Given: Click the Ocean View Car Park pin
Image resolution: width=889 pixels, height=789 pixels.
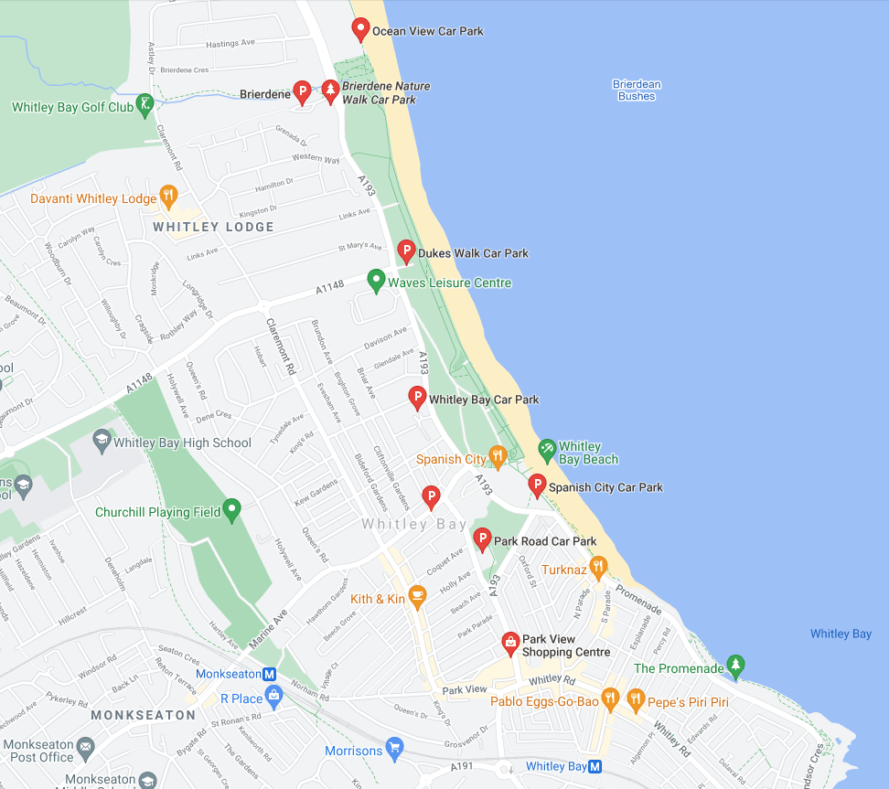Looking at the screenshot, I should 360,28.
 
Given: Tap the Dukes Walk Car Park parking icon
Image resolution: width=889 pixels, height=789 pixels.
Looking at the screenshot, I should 407,251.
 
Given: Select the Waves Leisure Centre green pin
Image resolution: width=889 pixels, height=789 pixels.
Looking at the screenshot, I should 375,280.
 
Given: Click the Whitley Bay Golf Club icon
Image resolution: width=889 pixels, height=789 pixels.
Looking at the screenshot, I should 145,105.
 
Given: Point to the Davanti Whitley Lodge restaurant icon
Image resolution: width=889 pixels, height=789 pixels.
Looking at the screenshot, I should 168,196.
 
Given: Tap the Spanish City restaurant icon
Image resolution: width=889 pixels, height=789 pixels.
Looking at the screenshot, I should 498,455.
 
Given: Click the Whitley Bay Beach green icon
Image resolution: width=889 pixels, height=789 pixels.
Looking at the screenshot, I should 546,449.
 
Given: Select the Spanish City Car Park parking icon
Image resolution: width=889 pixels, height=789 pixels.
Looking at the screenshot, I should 538,485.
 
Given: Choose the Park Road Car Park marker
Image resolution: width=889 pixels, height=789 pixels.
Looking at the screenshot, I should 482,538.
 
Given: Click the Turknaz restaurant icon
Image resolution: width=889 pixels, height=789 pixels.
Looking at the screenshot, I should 598,568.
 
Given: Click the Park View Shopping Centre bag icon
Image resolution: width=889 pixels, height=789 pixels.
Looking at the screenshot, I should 509,644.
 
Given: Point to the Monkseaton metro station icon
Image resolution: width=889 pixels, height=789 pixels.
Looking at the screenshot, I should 269,674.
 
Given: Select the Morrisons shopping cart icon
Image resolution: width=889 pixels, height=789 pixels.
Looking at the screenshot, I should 394,749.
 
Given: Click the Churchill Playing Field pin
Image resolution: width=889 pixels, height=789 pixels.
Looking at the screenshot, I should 232,509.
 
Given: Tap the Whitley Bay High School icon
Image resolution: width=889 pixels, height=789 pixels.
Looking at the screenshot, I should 102,442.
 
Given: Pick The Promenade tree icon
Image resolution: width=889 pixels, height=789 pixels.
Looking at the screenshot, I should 735,666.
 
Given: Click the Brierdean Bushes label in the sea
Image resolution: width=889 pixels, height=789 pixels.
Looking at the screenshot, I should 637,91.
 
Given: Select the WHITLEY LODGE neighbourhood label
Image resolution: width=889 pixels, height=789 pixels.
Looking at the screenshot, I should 213,227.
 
